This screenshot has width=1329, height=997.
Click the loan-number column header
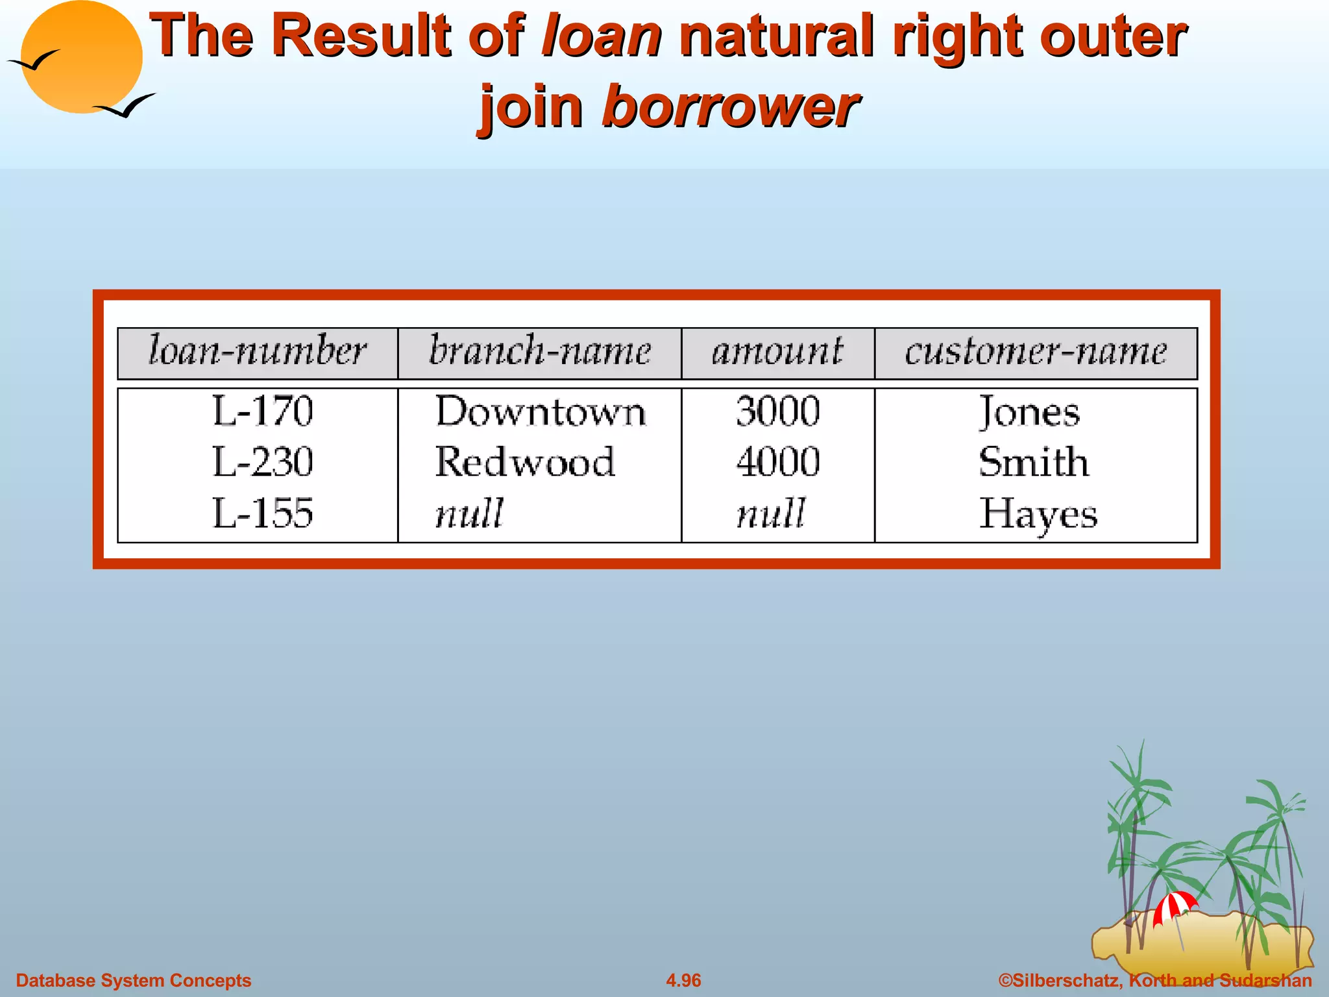point(258,352)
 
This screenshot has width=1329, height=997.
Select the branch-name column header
point(539,352)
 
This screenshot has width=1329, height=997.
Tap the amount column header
point(777,352)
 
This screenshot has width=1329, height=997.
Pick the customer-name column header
point(1036,352)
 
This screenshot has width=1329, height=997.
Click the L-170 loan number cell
point(263,412)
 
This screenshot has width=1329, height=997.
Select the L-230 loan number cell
point(263,462)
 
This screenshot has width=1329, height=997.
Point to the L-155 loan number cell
point(263,513)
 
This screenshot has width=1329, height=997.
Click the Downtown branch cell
point(541,412)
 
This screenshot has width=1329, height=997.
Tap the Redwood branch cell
point(525,462)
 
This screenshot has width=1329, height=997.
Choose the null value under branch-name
point(469,513)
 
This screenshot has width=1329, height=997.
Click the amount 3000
point(778,412)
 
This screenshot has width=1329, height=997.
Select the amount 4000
point(778,462)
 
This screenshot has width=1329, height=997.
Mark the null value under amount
point(771,513)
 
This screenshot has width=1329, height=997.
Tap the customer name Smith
point(1034,462)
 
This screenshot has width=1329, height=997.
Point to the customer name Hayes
point(1038,514)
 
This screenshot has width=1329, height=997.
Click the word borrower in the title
point(730,107)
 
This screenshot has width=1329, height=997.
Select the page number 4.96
point(683,980)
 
